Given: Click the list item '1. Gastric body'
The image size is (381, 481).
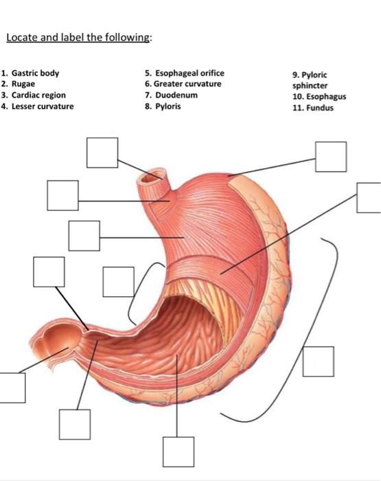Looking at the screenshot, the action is pos(30,73).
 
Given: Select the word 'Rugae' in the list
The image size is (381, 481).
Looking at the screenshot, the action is pos(23,84).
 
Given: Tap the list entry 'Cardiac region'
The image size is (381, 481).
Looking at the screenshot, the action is pos(38,95).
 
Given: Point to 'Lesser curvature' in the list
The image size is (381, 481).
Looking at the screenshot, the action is pos(43,106).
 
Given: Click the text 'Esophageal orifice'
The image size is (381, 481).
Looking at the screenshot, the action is pos(189,73).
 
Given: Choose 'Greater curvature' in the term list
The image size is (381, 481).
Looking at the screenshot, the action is pos(187,84).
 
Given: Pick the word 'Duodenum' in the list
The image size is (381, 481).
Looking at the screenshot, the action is pos(176,95).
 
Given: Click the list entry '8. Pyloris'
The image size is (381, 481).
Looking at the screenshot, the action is pos(163,107).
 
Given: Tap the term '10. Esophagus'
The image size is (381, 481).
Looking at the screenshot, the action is pos(319,97).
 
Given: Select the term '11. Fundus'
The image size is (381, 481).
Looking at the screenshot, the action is pos(313,108).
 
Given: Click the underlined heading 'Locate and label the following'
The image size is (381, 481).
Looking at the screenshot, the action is pos(78,37).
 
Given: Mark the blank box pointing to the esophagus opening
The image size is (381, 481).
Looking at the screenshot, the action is pos(102,153).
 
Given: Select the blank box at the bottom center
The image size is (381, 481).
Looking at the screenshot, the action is pos(178,452).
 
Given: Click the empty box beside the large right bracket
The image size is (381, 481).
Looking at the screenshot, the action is pos(319,361).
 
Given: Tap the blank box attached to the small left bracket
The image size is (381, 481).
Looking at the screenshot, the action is pos(119,282).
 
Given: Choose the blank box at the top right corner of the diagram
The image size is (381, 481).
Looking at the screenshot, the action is pos(331,157).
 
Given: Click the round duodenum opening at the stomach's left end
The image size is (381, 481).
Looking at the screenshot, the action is pos(60,339).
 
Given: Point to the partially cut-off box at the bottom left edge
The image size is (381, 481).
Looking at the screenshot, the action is pos(12,388).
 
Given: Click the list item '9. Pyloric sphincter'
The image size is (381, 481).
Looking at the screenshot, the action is pos(310,80).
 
